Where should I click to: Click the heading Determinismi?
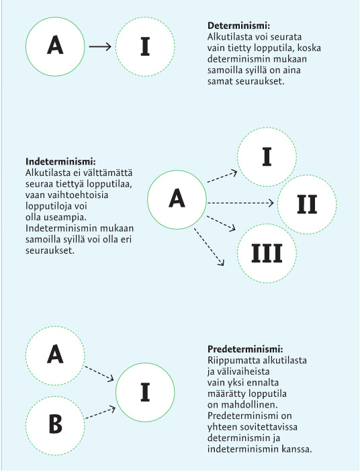pyautogui.click(x=238, y=26)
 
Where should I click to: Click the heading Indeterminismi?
pyautogui.click(x=60, y=162)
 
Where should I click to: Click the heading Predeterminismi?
pyautogui.click(x=245, y=349)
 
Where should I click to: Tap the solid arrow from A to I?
pyautogui.click(x=100, y=46)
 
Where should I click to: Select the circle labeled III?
pyautogui.click(x=267, y=253)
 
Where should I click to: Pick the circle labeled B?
pyautogui.click(x=55, y=426)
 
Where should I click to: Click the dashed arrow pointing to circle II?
pyautogui.click(x=240, y=203)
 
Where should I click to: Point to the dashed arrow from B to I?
pyautogui.click(x=101, y=414)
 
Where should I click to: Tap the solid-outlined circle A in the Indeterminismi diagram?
pyautogui.click(x=177, y=199)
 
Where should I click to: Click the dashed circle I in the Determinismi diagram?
pyautogui.click(x=145, y=46)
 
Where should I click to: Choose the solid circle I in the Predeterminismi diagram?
pyautogui.click(x=145, y=392)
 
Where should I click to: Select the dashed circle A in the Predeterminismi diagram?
pyautogui.click(x=55, y=355)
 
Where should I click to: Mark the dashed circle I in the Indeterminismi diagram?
pyautogui.click(x=267, y=157)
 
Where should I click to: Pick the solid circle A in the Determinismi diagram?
pyautogui.click(x=55, y=46)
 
